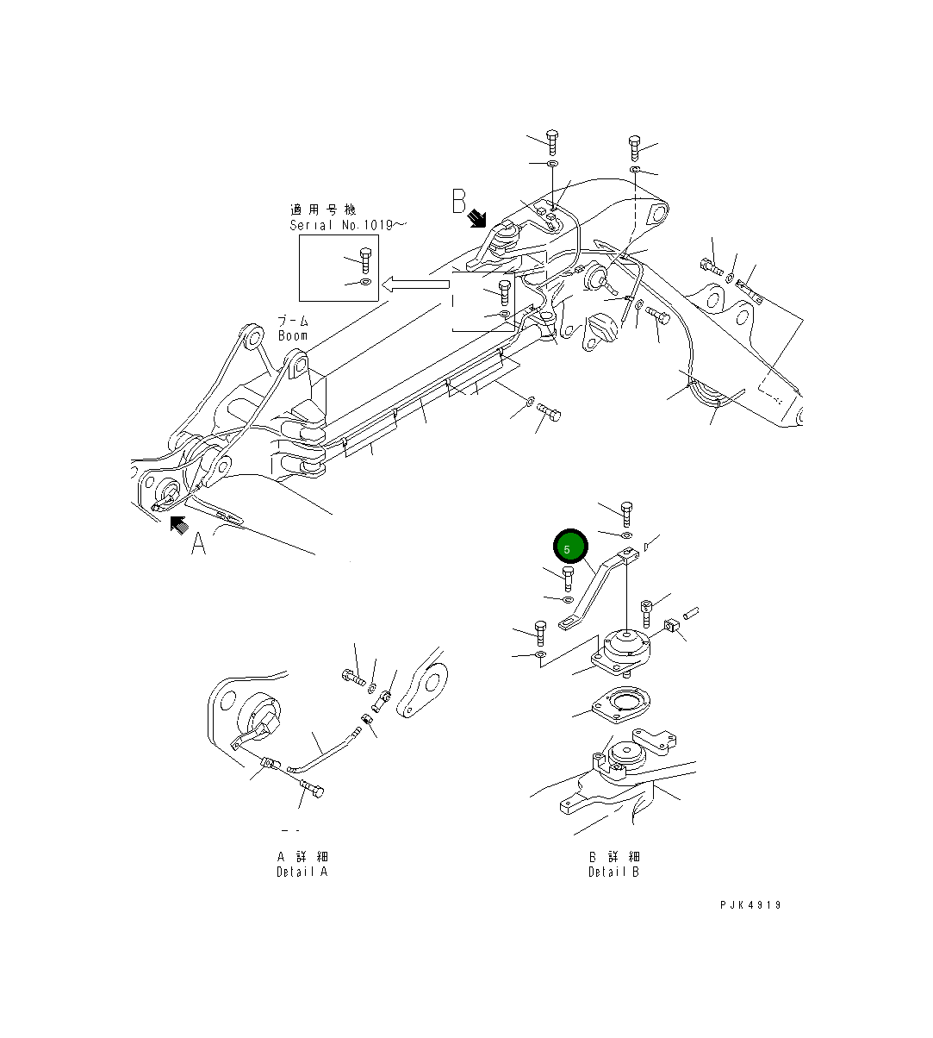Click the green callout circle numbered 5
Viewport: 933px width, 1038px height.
coord(569,547)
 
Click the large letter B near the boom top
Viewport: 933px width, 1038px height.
coord(459,202)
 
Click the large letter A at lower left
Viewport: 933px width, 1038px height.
coord(198,543)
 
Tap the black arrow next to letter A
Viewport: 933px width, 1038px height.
coord(179,524)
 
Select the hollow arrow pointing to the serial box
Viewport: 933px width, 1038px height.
coord(416,284)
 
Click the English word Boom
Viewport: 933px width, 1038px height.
coord(293,335)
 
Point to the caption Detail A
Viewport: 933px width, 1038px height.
coord(302,872)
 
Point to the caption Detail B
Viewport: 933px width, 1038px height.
coord(613,872)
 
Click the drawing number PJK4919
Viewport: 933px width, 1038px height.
coord(750,905)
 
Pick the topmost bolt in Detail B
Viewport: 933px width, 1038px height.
coord(626,513)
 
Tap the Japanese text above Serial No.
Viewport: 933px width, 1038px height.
coord(322,209)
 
